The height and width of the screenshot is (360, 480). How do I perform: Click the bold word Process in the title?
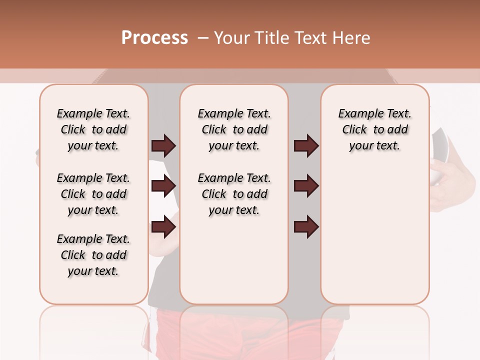tap(154, 38)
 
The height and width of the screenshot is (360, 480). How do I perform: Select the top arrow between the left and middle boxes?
tap(163, 146)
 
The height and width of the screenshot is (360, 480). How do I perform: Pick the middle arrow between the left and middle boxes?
tap(163, 186)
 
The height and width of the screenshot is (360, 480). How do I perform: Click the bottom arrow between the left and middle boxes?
tap(163, 227)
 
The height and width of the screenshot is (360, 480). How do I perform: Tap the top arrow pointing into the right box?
tap(306, 146)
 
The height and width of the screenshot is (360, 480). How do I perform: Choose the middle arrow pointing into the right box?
tap(306, 186)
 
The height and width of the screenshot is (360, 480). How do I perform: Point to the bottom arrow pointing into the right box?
tap(306, 227)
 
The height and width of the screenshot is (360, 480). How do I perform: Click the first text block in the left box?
tap(93, 129)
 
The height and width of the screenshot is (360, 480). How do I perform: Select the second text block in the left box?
tap(93, 194)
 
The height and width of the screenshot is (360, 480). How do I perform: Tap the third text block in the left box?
tap(93, 255)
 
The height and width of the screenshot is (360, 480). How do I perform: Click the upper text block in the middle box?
tap(234, 129)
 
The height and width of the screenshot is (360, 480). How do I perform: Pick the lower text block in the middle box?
tap(234, 194)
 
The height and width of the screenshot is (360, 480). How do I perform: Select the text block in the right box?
tap(375, 129)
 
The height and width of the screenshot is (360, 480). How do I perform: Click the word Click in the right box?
tap(354, 129)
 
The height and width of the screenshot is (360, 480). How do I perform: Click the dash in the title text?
tap(203, 38)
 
